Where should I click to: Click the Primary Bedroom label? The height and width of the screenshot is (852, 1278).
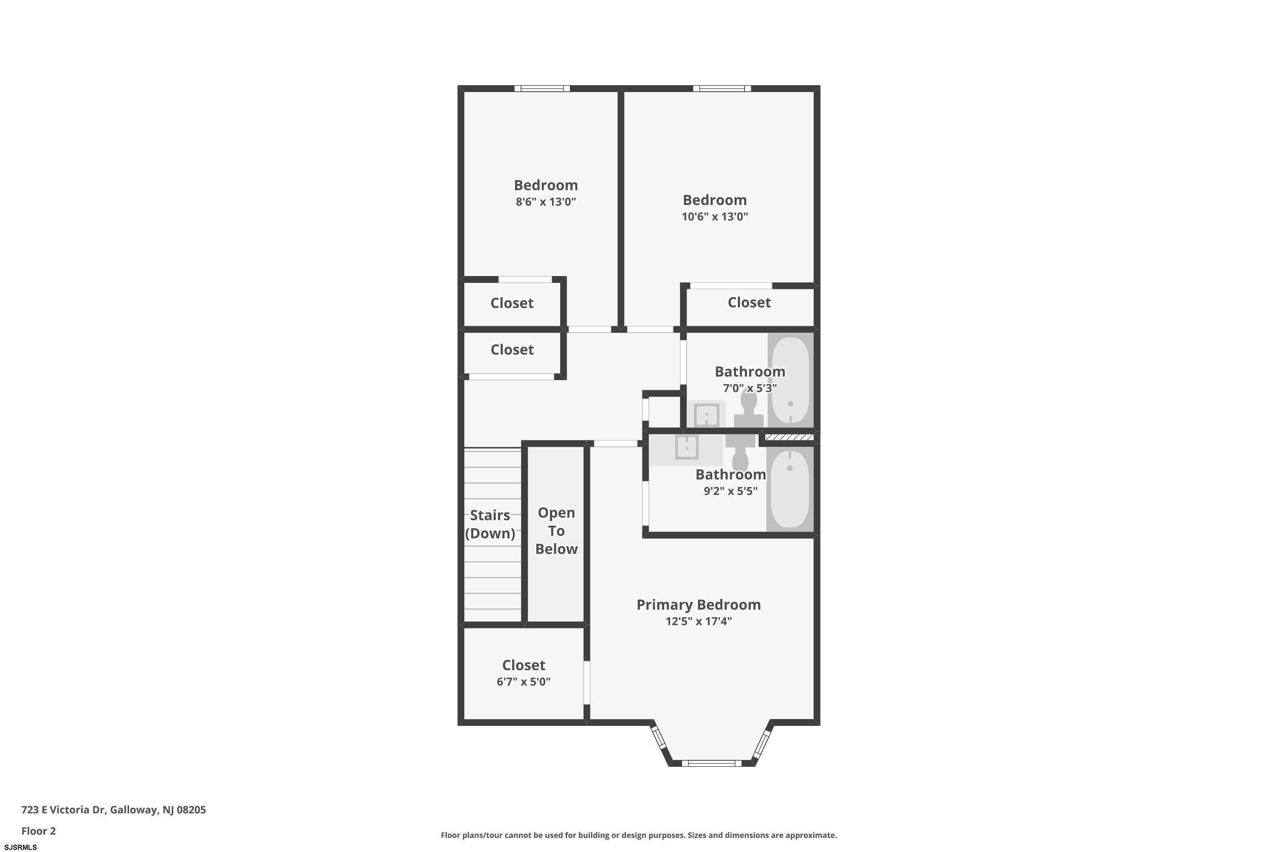[x=698, y=605]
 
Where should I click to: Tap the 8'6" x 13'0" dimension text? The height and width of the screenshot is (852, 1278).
[x=546, y=201]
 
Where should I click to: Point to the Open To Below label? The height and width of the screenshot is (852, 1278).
[x=556, y=531]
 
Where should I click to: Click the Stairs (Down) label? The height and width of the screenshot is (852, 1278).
[x=490, y=524]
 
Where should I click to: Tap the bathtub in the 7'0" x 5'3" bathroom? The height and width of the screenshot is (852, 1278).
[x=790, y=380]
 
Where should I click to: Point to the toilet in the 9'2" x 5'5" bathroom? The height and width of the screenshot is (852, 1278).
[x=740, y=452]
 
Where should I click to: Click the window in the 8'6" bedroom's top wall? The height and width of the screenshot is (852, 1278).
[x=542, y=89]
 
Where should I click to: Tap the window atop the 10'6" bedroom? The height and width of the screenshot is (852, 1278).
[x=722, y=89]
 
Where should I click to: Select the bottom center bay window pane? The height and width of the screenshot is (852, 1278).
[x=711, y=763]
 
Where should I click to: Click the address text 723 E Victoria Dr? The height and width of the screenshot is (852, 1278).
[x=63, y=810]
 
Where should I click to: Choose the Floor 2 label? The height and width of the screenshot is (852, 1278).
[x=39, y=831]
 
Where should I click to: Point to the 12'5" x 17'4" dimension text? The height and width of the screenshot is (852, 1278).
[x=699, y=621]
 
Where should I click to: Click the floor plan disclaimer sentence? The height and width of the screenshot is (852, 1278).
[x=639, y=835]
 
